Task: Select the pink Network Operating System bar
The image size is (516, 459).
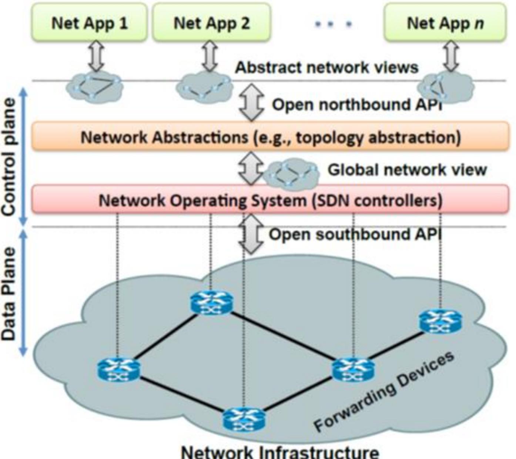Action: point(270,200)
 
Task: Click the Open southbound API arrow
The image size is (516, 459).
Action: point(251,234)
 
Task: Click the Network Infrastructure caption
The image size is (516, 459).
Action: point(280,452)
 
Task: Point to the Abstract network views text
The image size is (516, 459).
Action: point(326,67)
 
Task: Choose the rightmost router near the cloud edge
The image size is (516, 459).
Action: point(440,321)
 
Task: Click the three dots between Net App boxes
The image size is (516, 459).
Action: point(333,24)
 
